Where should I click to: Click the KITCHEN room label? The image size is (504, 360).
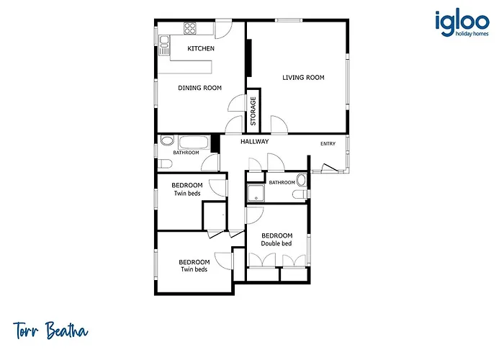[201, 48]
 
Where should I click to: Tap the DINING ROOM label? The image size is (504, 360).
[199, 88]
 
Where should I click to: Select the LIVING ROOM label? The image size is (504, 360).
[303, 78]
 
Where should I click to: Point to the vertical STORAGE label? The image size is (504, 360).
[253, 111]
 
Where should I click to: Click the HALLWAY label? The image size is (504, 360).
[255, 141]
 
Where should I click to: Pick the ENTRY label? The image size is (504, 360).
[328, 144]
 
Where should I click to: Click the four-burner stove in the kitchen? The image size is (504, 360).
[189, 28]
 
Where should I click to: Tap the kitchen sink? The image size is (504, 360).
[164, 45]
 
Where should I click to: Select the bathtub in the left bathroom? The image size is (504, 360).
[194, 143]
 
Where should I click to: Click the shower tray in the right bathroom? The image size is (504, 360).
[256, 192]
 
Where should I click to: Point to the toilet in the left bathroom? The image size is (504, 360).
[165, 164]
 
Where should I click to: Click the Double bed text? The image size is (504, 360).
[276, 243]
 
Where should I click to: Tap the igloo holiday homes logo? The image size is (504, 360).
[462, 24]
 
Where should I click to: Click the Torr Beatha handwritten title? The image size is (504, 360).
[50, 330]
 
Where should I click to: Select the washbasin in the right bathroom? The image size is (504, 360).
[302, 180]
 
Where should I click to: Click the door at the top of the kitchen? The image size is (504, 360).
[223, 29]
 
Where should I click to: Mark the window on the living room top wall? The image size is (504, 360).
[289, 20]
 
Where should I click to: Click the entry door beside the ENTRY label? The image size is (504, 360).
[329, 168]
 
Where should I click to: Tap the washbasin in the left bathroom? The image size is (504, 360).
[166, 141]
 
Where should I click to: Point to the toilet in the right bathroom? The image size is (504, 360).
[300, 194]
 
